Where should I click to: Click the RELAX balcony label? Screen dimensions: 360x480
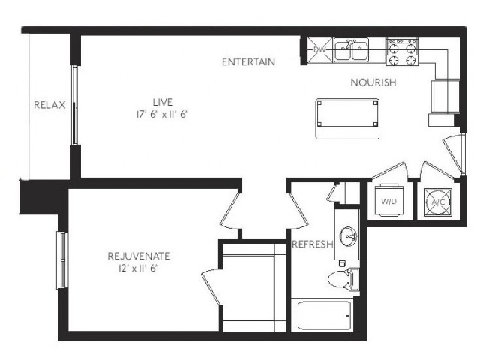(x=49, y=105)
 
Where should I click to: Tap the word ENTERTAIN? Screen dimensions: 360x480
(x=248, y=61)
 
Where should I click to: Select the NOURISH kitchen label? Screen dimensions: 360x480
(x=373, y=82)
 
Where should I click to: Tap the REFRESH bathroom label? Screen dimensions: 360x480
(x=312, y=244)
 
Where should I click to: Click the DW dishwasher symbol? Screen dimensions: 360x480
(x=320, y=50)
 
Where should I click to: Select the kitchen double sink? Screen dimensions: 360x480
(x=351, y=50)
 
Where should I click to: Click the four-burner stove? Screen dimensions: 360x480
(x=401, y=51)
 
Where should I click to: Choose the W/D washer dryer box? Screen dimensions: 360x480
(x=390, y=201)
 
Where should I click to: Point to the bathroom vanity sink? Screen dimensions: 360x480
(x=349, y=237)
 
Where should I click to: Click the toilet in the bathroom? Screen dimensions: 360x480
(x=341, y=280)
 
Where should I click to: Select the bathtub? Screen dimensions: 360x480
(x=324, y=315)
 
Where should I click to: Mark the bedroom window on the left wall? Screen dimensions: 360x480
(x=61, y=259)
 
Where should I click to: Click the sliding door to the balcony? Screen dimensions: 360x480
(x=74, y=105)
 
